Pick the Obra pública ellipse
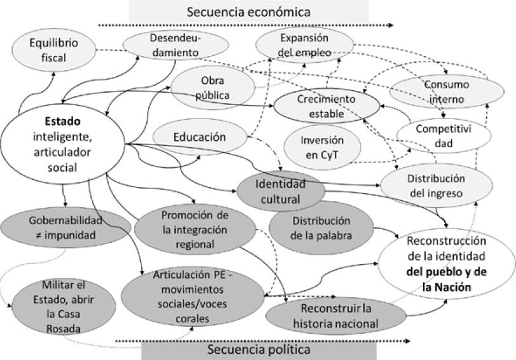point(213,88)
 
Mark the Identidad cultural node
point(280,191)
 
